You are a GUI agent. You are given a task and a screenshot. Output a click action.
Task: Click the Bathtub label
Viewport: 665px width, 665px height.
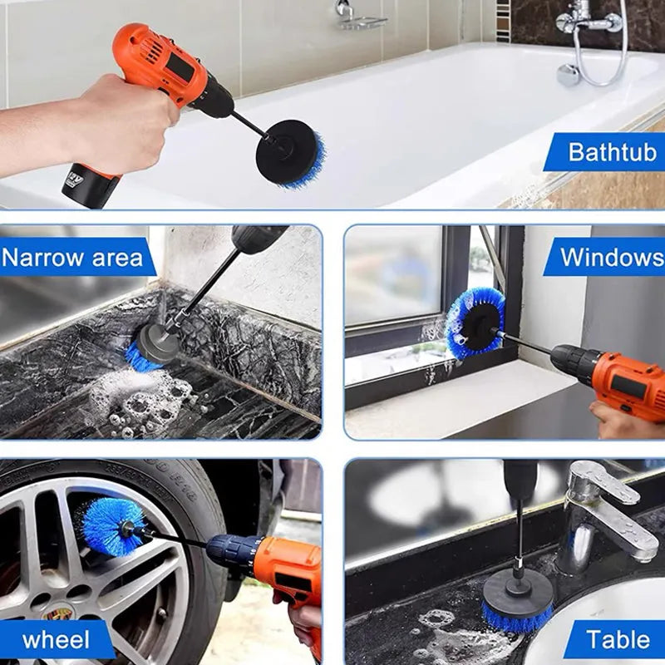612,151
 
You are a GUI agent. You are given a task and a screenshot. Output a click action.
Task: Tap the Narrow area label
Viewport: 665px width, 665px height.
72,257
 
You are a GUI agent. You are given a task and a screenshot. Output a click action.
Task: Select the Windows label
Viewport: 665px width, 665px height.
611,256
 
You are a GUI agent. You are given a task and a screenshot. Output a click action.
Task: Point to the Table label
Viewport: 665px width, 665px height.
618,639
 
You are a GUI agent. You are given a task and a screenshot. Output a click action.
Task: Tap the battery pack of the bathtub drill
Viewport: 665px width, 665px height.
90,184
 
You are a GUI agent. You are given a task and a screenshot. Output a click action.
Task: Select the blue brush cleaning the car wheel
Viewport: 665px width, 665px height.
112,526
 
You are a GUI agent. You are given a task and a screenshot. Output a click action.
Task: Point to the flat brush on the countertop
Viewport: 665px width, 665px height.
518,602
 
